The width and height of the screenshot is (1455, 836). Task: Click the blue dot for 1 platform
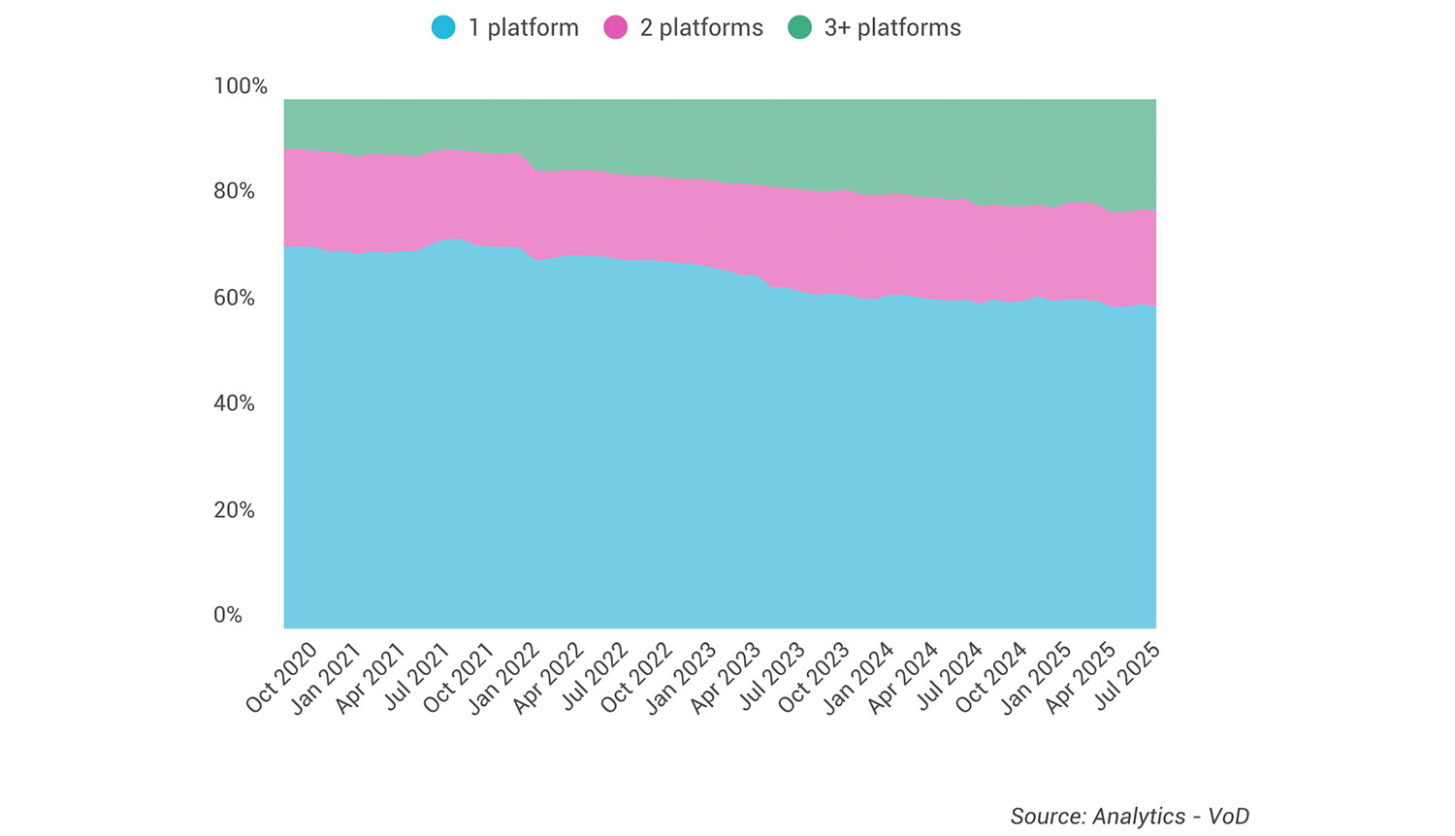(x=443, y=27)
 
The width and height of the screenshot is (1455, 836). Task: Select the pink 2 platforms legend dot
(x=616, y=27)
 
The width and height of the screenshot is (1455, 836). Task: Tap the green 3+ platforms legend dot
(x=799, y=27)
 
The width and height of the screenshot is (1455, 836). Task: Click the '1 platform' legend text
(x=523, y=27)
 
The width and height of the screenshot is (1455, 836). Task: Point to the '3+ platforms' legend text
(x=892, y=27)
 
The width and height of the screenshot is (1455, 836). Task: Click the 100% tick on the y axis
(x=240, y=86)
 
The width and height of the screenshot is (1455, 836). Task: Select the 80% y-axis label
(x=234, y=191)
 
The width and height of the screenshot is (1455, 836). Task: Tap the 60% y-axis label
(x=234, y=298)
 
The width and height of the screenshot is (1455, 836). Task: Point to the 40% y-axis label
(x=234, y=403)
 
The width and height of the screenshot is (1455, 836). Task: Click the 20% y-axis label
(x=234, y=510)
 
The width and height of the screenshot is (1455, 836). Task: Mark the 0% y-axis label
(x=228, y=616)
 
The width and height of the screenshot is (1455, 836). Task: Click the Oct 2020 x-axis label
(x=281, y=678)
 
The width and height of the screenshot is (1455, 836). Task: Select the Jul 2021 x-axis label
(x=415, y=678)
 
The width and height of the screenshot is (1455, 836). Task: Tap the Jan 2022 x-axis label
(x=503, y=678)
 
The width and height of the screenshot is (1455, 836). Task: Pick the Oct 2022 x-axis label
(x=636, y=678)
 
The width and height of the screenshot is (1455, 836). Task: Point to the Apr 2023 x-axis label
(x=726, y=678)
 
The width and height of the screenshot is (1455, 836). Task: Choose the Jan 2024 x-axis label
(x=858, y=678)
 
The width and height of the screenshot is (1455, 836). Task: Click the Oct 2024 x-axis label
(x=991, y=678)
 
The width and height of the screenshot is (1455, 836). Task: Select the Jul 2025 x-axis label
(x=1125, y=678)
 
